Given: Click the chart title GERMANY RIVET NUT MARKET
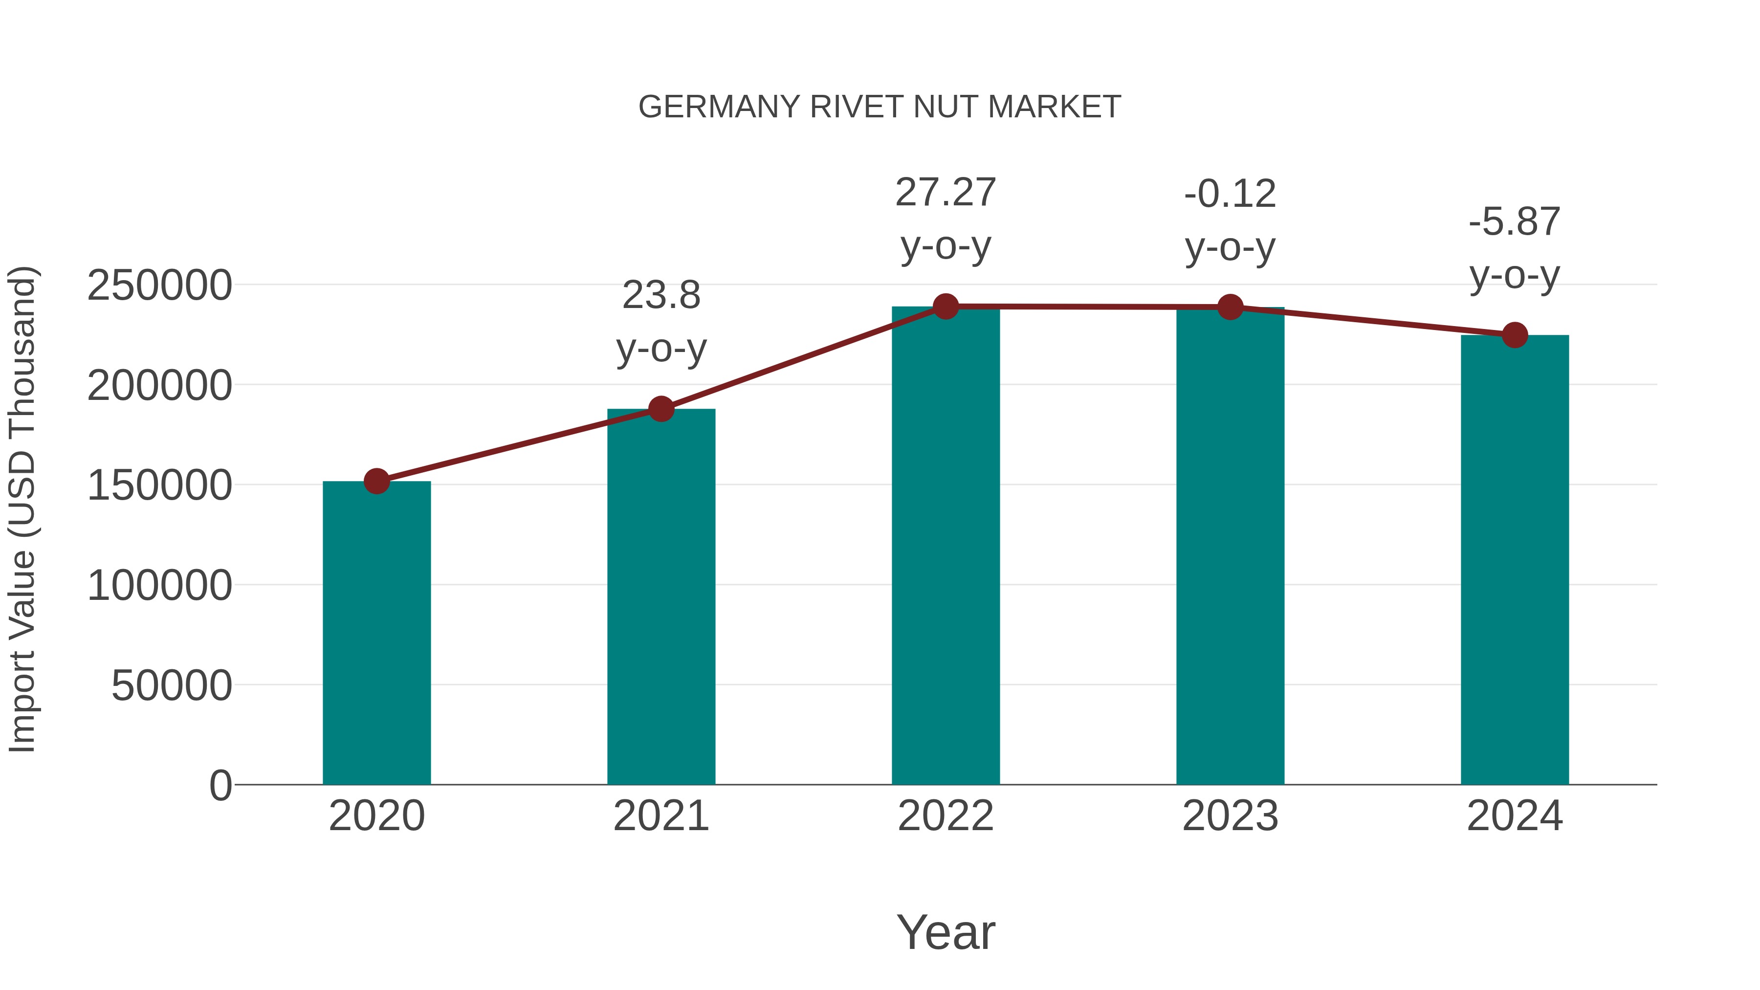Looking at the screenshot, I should (x=880, y=107).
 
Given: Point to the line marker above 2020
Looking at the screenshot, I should (x=376, y=481).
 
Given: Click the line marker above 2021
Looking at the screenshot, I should (x=660, y=409).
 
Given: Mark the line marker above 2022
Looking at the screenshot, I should (x=946, y=306).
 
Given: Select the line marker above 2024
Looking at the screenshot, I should (x=1515, y=335).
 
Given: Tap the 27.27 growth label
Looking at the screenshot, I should (x=946, y=193).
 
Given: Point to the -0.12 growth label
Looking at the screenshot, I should (x=1230, y=194).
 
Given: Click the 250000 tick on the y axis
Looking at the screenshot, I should (x=159, y=286).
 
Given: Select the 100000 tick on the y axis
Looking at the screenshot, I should (x=159, y=586).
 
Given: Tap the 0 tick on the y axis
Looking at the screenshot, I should (x=220, y=785).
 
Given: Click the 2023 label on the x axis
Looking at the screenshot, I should (x=1230, y=816).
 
